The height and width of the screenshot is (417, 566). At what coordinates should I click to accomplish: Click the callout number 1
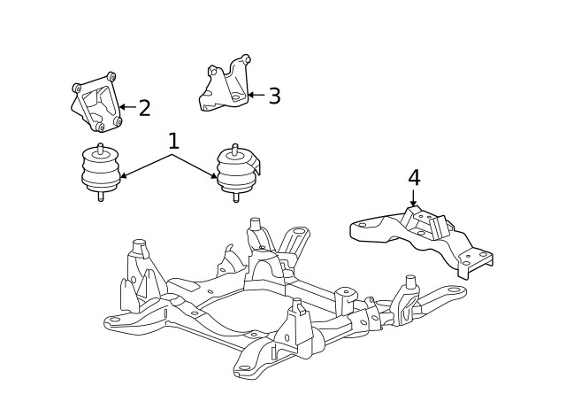click(173, 141)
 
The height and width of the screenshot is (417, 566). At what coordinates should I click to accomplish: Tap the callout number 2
click(144, 108)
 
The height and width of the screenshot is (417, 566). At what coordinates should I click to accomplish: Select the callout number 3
click(274, 96)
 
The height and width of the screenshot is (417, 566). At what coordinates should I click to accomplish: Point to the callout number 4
click(414, 178)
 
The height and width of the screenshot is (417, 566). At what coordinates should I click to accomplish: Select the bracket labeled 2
click(96, 104)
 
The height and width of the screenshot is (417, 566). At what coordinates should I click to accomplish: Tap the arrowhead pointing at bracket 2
click(122, 107)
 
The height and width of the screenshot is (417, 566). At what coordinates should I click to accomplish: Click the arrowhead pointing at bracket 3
click(250, 94)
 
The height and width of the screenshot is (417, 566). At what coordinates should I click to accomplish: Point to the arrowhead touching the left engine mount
click(123, 177)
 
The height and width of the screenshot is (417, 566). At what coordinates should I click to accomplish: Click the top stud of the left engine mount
click(100, 147)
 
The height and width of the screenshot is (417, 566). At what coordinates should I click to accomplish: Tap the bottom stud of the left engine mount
click(100, 196)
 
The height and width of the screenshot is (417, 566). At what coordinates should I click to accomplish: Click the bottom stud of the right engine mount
click(235, 197)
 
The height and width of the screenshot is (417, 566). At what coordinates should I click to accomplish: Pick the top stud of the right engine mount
click(235, 148)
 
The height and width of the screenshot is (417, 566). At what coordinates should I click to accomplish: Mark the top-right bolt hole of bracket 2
click(111, 77)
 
